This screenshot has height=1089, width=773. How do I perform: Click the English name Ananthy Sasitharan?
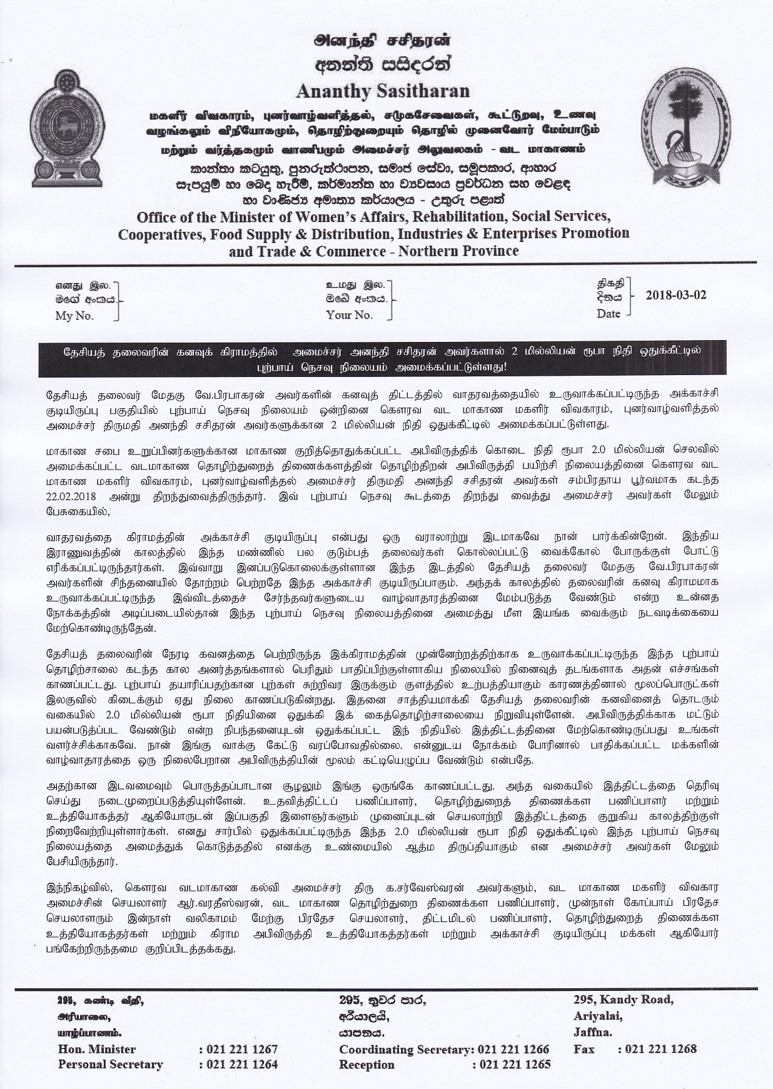coord(383,91)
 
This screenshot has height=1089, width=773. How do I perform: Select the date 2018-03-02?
coord(675,294)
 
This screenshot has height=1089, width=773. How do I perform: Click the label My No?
coord(74,316)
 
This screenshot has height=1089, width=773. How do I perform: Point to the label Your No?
coord(349,315)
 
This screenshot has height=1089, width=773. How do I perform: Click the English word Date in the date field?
coord(608,314)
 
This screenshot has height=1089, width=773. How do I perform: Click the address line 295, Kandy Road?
coord(623,999)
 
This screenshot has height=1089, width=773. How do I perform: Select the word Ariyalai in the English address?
coord(597,1015)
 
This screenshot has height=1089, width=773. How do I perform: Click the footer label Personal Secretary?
coord(110,1064)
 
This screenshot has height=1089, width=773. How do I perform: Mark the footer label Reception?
coord(366,1064)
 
